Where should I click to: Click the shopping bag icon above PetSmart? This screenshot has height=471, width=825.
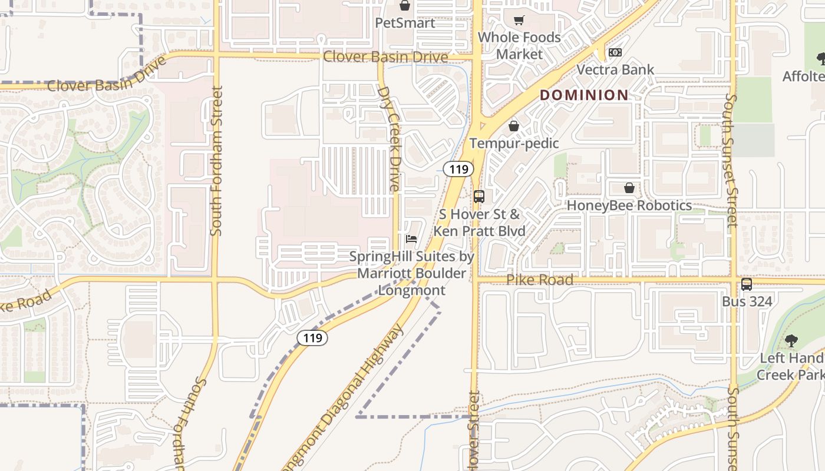point(405,6)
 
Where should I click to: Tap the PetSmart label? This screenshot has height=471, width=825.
point(405,23)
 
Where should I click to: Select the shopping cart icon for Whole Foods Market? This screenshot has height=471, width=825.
point(519,21)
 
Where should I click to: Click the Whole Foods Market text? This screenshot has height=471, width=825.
point(519,45)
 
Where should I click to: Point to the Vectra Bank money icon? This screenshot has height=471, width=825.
point(615,52)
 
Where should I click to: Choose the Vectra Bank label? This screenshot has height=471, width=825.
point(615,69)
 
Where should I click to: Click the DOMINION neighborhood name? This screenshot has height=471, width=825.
point(584,95)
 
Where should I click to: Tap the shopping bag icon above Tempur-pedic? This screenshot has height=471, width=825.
point(514,126)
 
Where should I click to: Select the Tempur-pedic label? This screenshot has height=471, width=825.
point(514,143)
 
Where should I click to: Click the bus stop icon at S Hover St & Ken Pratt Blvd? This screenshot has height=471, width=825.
point(479,197)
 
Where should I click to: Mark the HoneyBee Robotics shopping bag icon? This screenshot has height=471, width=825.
point(629,188)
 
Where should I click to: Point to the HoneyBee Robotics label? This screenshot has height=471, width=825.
point(629,205)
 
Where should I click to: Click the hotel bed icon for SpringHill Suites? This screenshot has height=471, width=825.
point(411,239)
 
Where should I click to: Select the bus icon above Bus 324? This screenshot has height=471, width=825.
point(747,284)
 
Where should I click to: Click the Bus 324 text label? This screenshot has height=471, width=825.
point(747,301)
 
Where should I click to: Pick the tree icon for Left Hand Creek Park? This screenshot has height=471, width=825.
point(791,341)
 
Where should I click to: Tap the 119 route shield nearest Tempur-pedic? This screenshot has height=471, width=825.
point(458,170)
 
